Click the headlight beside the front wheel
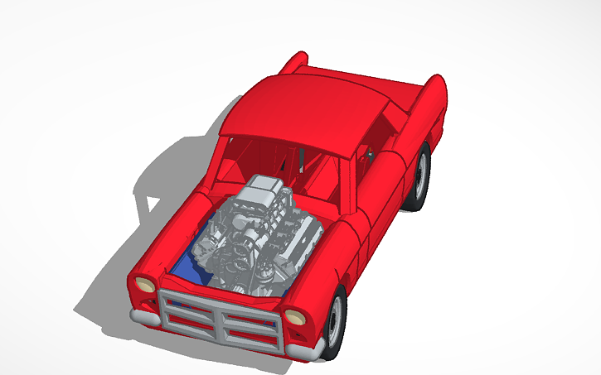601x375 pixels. coord(294,317)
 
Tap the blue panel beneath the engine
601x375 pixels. coord(187,267)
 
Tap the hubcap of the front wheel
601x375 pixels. coord(336,325)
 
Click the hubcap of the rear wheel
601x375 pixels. coord(421,175)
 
